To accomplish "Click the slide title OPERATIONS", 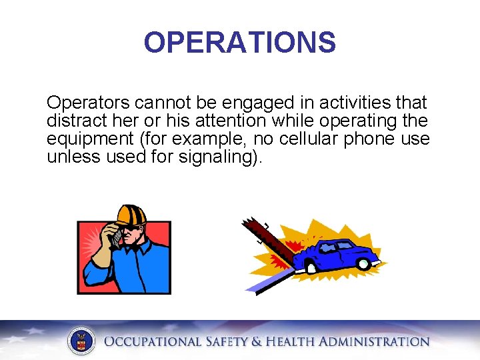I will tap(239, 43).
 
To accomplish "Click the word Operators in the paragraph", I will tap(87, 103).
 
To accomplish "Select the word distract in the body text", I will tap(73, 122).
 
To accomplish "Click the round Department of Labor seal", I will tap(81, 341).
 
